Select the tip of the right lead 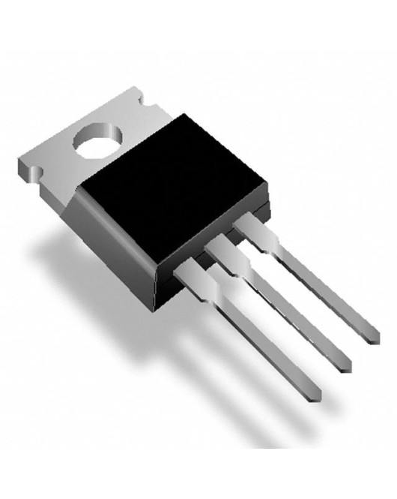click(374, 335)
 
